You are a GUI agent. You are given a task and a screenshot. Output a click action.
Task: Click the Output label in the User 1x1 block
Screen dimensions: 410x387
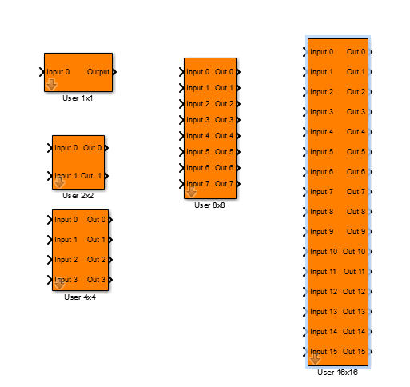tap(98, 72)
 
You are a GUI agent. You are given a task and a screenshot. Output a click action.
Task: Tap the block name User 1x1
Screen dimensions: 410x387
tap(78, 98)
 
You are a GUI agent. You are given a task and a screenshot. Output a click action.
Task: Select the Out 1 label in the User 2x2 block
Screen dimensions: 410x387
tap(91, 176)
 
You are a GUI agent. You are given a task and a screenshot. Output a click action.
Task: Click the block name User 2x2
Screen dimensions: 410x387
tap(78, 196)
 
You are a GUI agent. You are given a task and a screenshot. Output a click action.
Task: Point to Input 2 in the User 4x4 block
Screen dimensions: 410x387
tap(66, 260)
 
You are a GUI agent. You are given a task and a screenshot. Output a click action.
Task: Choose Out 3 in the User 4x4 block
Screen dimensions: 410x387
tap(96, 280)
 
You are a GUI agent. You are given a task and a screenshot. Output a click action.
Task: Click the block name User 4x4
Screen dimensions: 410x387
tap(80, 297)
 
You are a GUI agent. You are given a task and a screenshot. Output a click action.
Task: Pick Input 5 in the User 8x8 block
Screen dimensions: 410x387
tap(197, 152)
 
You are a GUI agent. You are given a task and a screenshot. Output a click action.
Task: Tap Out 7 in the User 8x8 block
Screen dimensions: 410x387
tap(224, 184)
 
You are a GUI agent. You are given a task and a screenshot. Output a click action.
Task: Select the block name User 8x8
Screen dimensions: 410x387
tap(209, 205)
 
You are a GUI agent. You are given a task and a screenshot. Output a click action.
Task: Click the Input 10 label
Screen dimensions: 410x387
tap(324, 252)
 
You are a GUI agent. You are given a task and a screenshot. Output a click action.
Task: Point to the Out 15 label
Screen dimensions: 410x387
tap(354, 352)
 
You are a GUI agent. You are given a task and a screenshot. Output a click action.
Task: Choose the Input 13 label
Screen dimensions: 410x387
tap(324, 312)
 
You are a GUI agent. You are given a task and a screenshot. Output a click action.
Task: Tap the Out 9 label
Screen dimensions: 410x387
tap(356, 232)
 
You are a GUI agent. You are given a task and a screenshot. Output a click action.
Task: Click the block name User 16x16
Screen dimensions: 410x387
tap(337, 373)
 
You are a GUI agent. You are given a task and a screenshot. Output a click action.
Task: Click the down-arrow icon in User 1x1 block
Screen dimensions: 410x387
tap(51, 85)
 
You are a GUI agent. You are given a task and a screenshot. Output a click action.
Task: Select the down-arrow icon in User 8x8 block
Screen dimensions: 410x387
tap(191, 192)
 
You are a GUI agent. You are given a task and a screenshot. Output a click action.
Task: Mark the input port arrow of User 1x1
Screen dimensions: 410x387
tap(42, 72)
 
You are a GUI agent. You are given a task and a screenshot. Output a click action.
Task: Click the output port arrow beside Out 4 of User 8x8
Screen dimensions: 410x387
tap(238, 136)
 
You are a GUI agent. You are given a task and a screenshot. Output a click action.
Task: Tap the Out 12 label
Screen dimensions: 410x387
tap(354, 292)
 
